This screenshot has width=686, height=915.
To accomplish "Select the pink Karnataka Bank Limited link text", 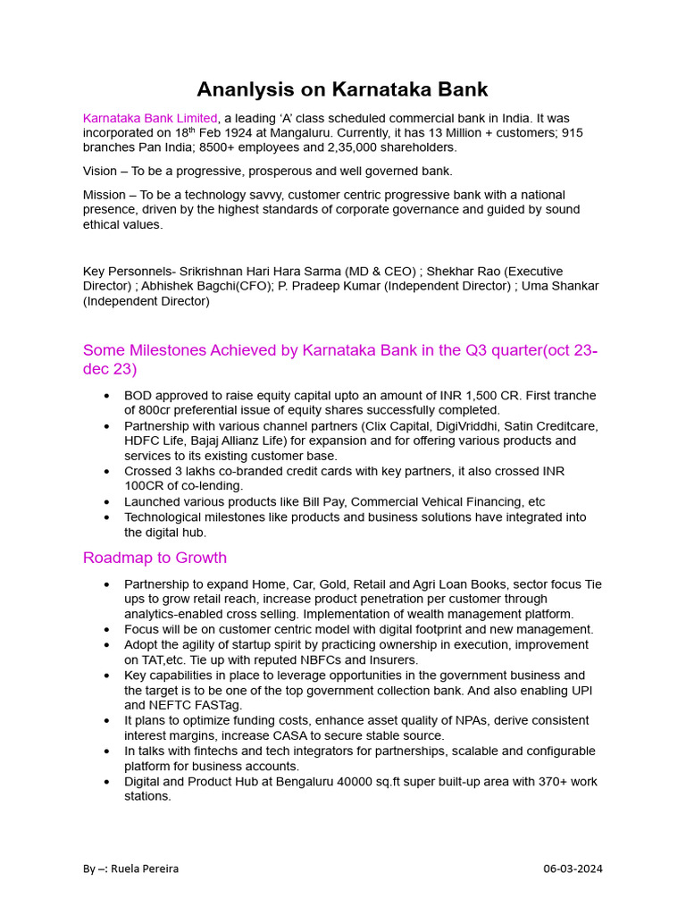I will [150, 118].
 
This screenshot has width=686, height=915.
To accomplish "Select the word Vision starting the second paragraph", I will [100, 171].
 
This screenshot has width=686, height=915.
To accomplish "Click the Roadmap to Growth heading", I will [155, 558].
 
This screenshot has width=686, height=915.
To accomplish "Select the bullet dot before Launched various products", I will [107, 502].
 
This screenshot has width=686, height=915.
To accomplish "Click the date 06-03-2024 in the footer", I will [573, 869].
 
